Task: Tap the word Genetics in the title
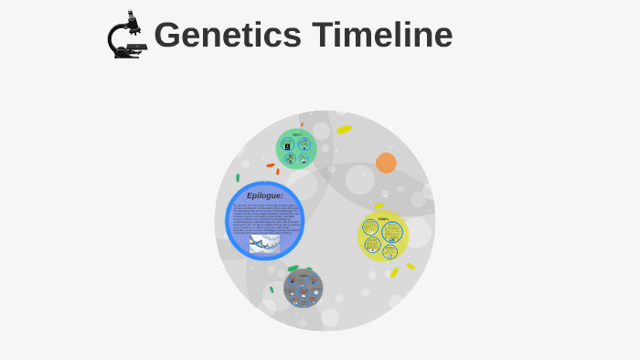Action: point(228,36)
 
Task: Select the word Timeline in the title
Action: point(382,36)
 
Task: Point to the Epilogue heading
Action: point(265,196)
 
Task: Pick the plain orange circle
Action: point(386,163)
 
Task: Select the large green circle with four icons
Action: point(296,148)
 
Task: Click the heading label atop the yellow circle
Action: point(383,218)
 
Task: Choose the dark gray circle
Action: point(303,289)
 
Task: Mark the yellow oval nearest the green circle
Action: point(344,130)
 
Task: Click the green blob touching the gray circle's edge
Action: point(293,269)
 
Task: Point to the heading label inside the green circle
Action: point(296,134)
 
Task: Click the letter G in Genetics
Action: point(168,36)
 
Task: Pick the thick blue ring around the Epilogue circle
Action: point(229,220)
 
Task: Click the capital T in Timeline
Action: point(322,36)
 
